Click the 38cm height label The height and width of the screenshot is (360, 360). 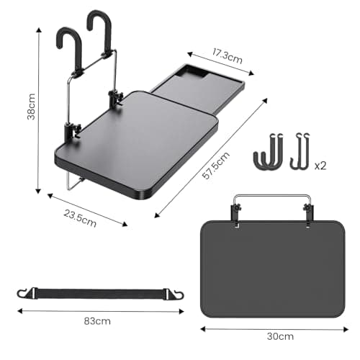(x=31, y=107)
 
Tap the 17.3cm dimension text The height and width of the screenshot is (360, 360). (x=227, y=56)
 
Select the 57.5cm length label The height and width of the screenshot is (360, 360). (x=215, y=166)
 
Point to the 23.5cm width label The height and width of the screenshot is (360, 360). (x=80, y=218)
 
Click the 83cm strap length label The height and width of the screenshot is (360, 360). (x=97, y=321)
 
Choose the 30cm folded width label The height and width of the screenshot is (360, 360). (x=280, y=336)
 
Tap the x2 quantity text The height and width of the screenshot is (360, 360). (x=320, y=166)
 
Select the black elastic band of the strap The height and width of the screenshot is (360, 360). (x=101, y=294)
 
